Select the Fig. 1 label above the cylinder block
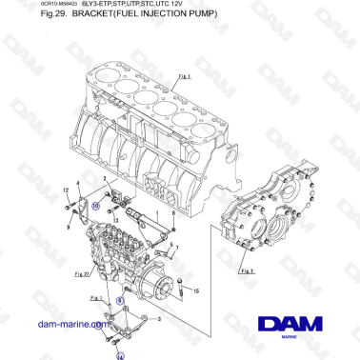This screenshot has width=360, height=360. coord(185,74)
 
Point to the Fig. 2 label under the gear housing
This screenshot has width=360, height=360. coord(247,270)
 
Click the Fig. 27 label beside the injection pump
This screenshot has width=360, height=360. coord(80,273)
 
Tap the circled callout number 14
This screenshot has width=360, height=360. coord(120,356)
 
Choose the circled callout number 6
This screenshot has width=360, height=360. coord(120,298)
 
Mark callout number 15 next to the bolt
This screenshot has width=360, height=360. coord(196,291)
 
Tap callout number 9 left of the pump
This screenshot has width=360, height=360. coord(70,227)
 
